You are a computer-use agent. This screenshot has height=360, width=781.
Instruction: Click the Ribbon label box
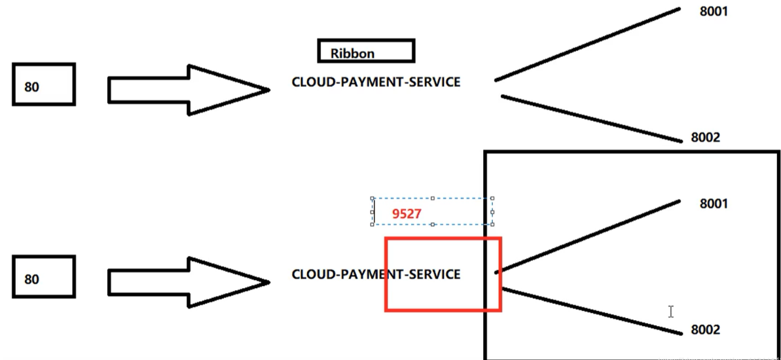pyautogui.click(x=365, y=51)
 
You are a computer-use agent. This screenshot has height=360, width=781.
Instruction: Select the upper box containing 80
pyautogui.click(x=44, y=84)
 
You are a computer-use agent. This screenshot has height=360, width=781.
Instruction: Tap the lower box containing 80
pyautogui.click(x=44, y=277)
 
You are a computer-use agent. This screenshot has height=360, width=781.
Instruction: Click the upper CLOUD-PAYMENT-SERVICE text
pyautogui.click(x=376, y=82)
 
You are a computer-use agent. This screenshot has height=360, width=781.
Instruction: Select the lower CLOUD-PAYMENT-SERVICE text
pyautogui.click(x=376, y=274)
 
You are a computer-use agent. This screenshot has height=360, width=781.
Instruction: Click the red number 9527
pyautogui.click(x=407, y=213)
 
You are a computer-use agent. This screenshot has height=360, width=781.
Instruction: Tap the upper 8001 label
pyautogui.click(x=714, y=12)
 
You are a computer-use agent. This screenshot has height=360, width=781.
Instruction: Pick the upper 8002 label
pyautogui.click(x=706, y=137)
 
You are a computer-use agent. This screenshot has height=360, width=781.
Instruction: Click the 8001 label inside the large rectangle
pyautogui.click(x=714, y=204)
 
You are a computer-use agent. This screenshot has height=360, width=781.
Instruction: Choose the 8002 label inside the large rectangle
pyautogui.click(x=706, y=330)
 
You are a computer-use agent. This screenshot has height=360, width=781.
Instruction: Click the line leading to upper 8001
pyautogui.click(x=588, y=44)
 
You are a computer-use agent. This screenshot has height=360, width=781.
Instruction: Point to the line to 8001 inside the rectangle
pyautogui.click(x=588, y=236)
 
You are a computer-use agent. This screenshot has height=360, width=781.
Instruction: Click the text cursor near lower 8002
pyautogui.click(x=671, y=312)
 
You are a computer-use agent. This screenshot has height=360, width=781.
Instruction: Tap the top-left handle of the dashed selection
pyautogui.click(x=372, y=198)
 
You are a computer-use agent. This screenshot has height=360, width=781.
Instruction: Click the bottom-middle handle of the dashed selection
pyautogui.click(x=433, y=224)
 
